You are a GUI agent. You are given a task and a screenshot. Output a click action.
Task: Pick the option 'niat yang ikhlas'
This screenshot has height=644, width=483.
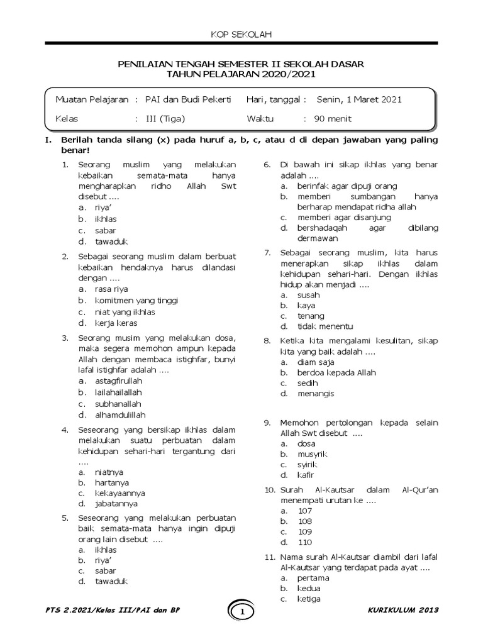[x=125, y=312]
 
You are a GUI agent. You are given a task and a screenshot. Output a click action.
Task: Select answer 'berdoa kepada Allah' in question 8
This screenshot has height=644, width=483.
[x=336, y=372]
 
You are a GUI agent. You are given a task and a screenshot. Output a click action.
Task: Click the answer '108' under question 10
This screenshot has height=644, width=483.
[x=305, y=521]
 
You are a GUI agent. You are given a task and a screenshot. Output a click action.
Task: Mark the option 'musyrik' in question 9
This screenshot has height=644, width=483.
[x=313, y=453]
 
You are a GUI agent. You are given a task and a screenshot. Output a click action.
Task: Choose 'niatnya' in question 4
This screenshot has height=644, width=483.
[x=109, y=472]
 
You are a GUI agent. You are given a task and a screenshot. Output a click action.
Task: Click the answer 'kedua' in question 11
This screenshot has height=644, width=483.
[x=309, y=588]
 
